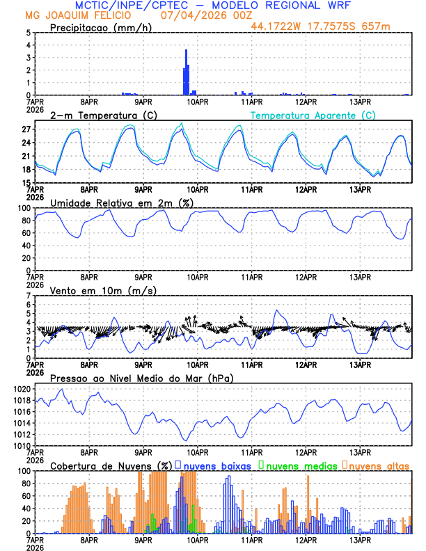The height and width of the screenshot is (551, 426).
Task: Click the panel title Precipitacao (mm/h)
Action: [x=100, y=28]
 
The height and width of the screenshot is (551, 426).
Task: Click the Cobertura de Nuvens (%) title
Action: [x=111, y=465]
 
